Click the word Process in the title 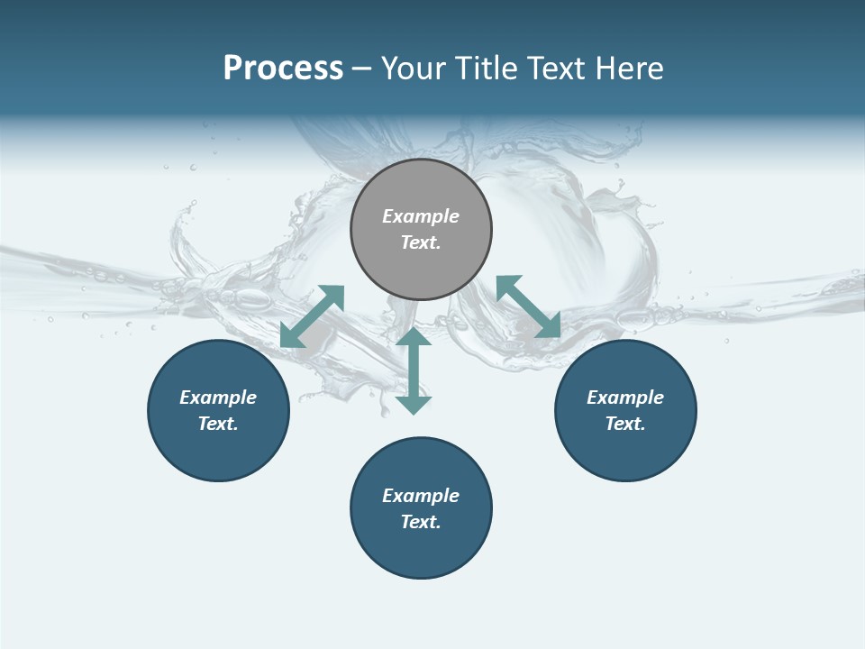[x=283, y=69]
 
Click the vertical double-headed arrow [x=414, y=370]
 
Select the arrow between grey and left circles [x=312, y=316]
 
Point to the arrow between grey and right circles [x=529, y=306]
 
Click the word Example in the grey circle [x=421, y=216]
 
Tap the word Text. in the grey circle [x=421, y=242]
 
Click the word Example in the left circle [x=218, y=398]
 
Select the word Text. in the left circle [x=218, y=424]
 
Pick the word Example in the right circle [x=625, y=398]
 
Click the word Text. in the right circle [x=625, y=424]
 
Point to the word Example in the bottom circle [x=421, y=496]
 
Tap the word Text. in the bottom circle [x=421, y=522]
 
